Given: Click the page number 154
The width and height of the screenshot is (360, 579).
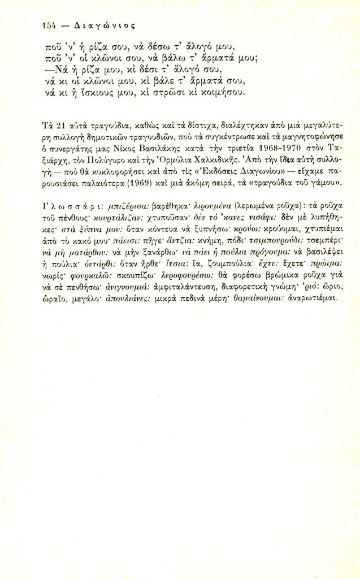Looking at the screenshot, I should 50,25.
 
